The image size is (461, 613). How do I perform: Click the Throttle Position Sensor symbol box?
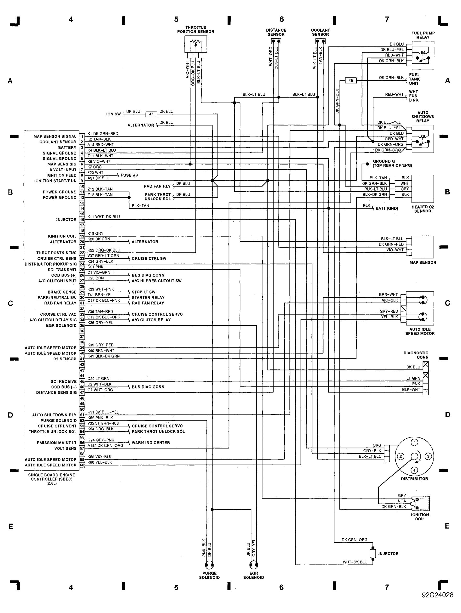195,44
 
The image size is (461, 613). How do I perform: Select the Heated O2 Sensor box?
422,189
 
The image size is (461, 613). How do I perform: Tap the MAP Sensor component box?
422,247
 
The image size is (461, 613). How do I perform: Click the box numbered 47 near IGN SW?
151,114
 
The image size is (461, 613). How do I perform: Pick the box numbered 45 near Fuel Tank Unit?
351,80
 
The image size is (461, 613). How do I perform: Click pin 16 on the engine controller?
82,220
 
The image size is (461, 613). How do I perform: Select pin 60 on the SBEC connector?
82,465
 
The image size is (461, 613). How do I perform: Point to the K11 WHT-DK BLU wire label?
104,217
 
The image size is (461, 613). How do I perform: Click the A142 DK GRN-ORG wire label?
105,446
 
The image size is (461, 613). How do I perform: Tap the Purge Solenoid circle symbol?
209,565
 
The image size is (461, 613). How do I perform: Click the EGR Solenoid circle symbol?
254,565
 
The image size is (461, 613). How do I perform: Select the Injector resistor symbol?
373,554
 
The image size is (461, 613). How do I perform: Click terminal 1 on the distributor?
414,442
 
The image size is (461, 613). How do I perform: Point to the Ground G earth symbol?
368,164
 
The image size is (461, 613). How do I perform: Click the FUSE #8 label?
129,175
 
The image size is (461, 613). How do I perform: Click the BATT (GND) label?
387,208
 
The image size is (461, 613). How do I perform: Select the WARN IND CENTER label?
151,443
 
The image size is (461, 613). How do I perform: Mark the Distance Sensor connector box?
276,41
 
